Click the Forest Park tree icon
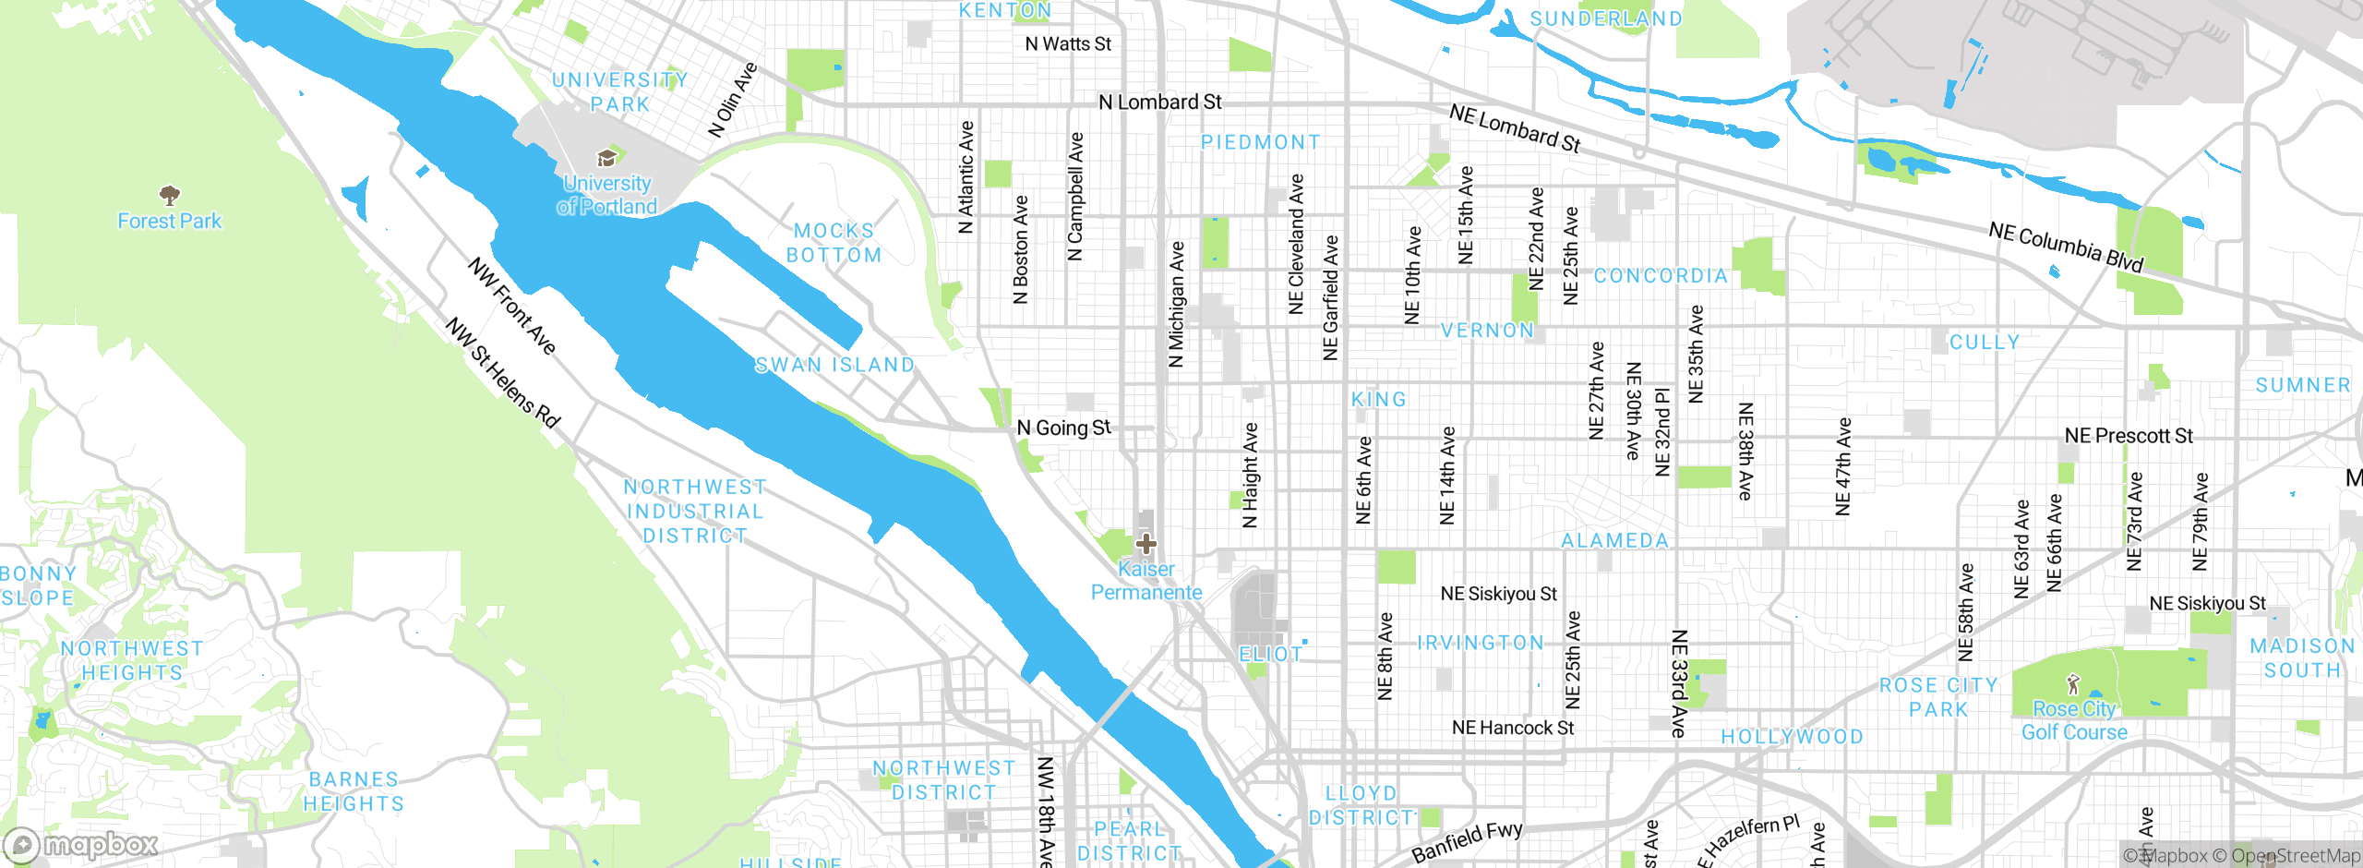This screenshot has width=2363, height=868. click(x=169, y=195)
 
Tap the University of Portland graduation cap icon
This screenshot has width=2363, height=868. click(x=606, y=158)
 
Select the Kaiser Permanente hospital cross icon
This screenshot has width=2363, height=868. click(x=1146, y=543)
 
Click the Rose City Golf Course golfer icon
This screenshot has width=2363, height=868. click(x=2073, y=684)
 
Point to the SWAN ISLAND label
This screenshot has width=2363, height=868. click(x=834, y=365)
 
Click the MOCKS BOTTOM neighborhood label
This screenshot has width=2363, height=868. click(x=834, y=243)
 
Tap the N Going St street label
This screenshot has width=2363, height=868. click(x=1063, y=428)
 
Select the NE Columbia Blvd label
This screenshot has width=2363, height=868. click(x=2066, y=247)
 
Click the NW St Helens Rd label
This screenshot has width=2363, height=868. click(x=503, y=372)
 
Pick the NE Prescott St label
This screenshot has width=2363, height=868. click(x=2128, y=436)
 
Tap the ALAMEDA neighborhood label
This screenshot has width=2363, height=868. click(x=1614, y=541)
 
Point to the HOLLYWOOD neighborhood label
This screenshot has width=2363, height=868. click(x=1792, y=737)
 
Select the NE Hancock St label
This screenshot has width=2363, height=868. click(x=1512, y=728)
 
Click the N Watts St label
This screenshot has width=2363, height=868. click(x=1068, y=43)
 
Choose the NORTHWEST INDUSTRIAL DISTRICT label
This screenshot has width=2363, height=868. click(x=694, y=511)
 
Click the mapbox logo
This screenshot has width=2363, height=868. click(x=81, y=845)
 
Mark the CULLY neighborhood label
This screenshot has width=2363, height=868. click(x=1985, y=343)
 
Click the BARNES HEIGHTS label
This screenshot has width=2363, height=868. click(x=354, y=791)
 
